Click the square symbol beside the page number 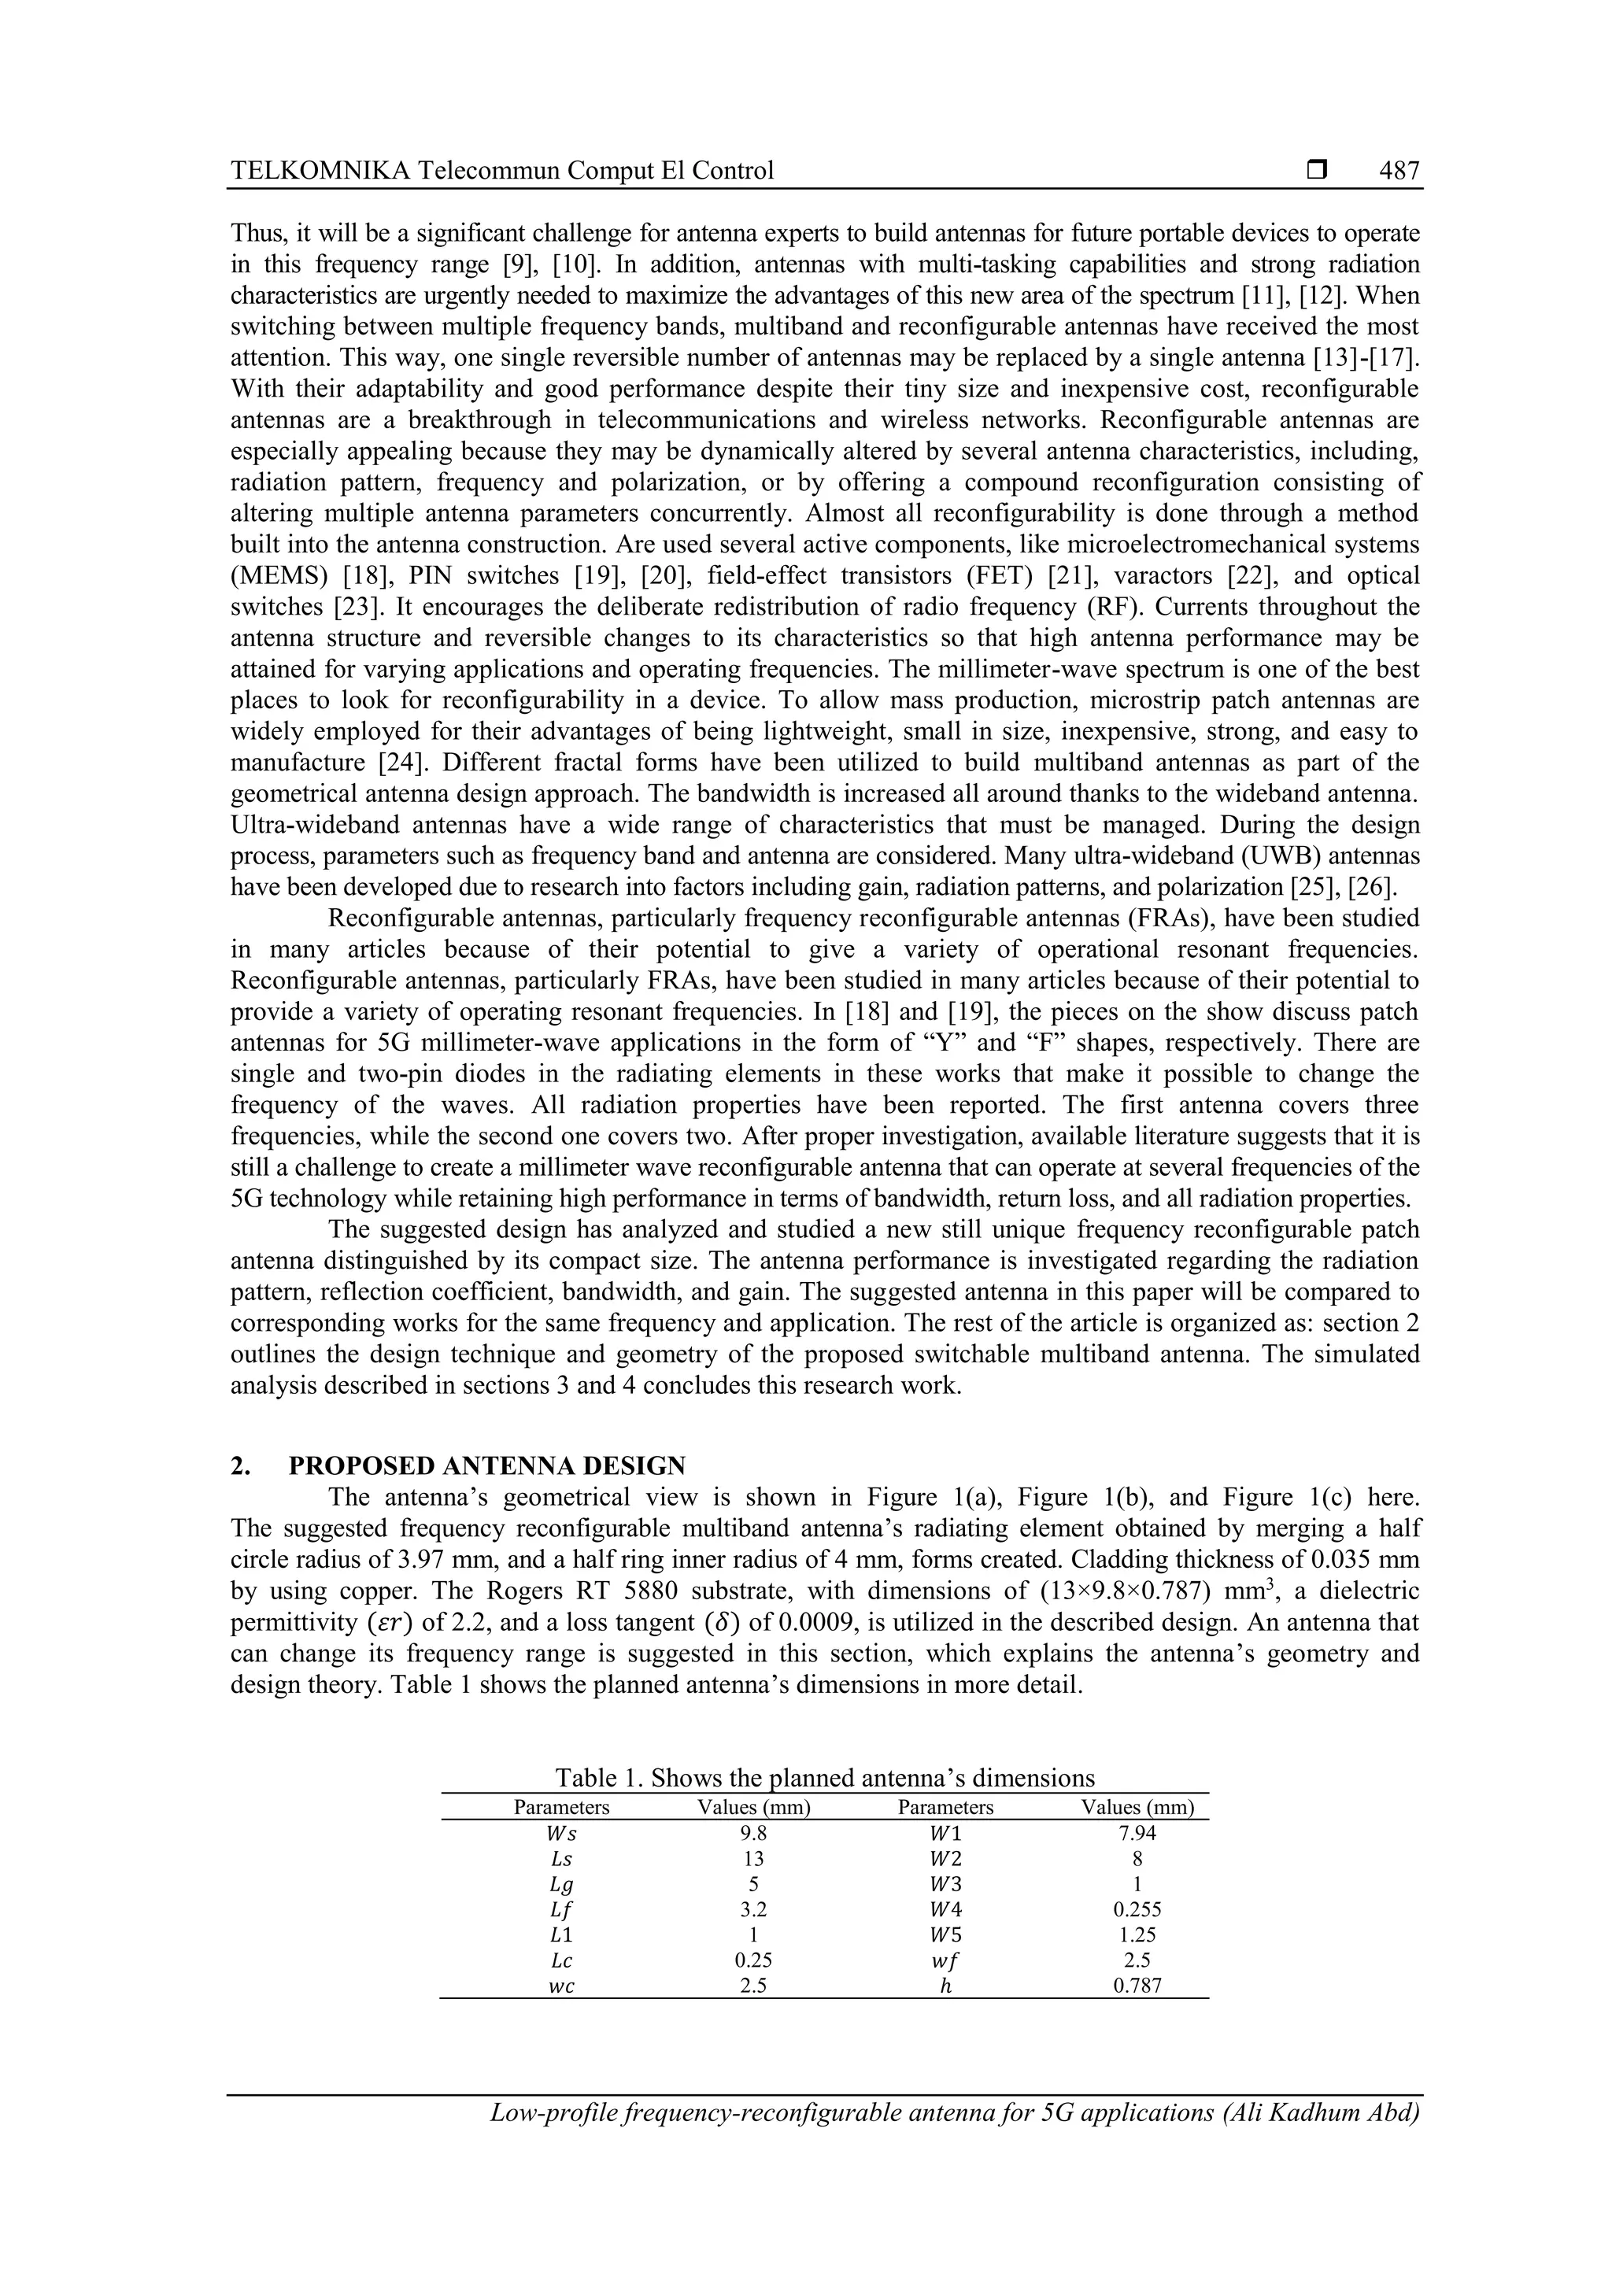[1317, 171]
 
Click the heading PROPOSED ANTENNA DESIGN [486, 1465]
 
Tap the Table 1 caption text [824, 1778]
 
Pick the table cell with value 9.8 [754, 1834]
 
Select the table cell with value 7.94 [1137, 1834]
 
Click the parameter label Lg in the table [561, 1885]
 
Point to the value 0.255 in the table [1137, 1909]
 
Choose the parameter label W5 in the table [945, 1934]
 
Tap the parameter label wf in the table [945, 1960]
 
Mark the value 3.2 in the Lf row [754, 1909]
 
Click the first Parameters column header [561, 1807]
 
